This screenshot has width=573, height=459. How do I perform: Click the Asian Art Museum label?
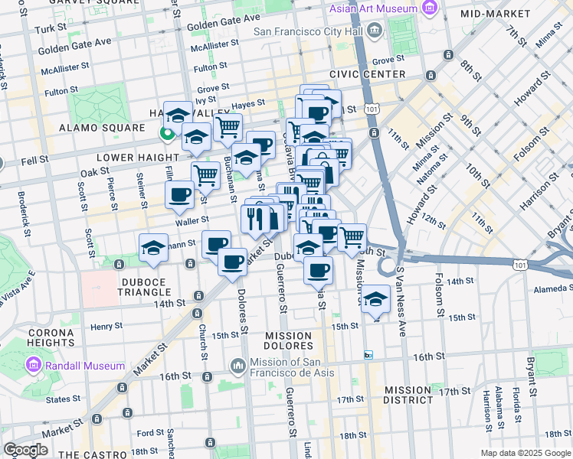[x=373, y=10]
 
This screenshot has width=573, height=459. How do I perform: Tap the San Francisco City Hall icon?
[x=375, y=31]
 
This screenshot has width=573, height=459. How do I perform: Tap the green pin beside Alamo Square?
[x=165, y=135]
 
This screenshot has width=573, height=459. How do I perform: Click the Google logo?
[x=25, y=450]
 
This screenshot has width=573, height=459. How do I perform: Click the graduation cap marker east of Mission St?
[x=375, y=300]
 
